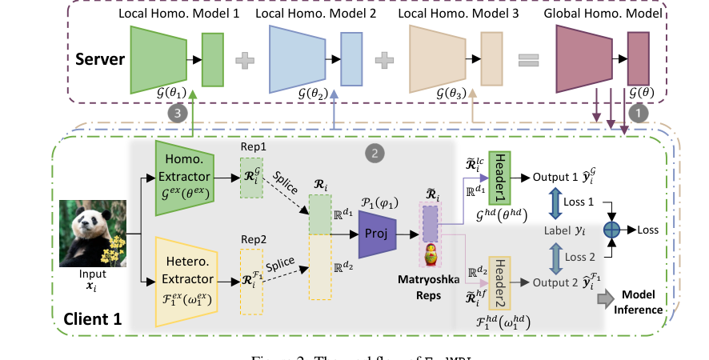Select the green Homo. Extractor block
[185, 172]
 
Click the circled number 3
[178, 113]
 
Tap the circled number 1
[638, 114]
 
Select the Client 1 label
[93, 319]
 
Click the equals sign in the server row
[529, 59]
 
